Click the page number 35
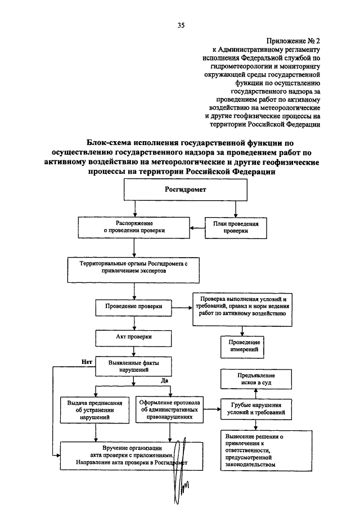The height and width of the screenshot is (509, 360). pos(181,25)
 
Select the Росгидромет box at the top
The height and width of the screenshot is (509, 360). pos(186,190)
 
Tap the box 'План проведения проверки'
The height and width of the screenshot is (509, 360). pos(236,228)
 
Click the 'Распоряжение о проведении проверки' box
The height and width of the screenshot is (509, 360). pos(134,227)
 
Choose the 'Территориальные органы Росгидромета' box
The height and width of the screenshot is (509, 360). pos(133,270)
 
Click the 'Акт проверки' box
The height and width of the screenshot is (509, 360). pos(133,338)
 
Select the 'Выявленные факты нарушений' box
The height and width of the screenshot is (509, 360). pos(133,367)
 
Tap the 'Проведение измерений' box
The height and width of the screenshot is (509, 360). pos(242,346)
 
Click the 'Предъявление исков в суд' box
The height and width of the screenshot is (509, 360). pos(256,379)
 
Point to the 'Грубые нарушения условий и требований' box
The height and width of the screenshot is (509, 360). pos(256,409)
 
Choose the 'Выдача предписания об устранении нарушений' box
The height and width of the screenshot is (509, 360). pos(95,410)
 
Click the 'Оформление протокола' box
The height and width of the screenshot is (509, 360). pos(169,409)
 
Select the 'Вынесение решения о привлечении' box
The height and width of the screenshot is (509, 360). pos(266,451)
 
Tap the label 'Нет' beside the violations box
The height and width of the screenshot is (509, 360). pos(87,362)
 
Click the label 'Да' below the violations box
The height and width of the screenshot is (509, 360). pos(164,380)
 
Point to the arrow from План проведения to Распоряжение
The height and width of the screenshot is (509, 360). pos(197,228)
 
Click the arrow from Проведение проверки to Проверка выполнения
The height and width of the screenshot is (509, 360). pos(182,308)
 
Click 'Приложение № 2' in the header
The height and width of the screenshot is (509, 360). pos(293,41)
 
